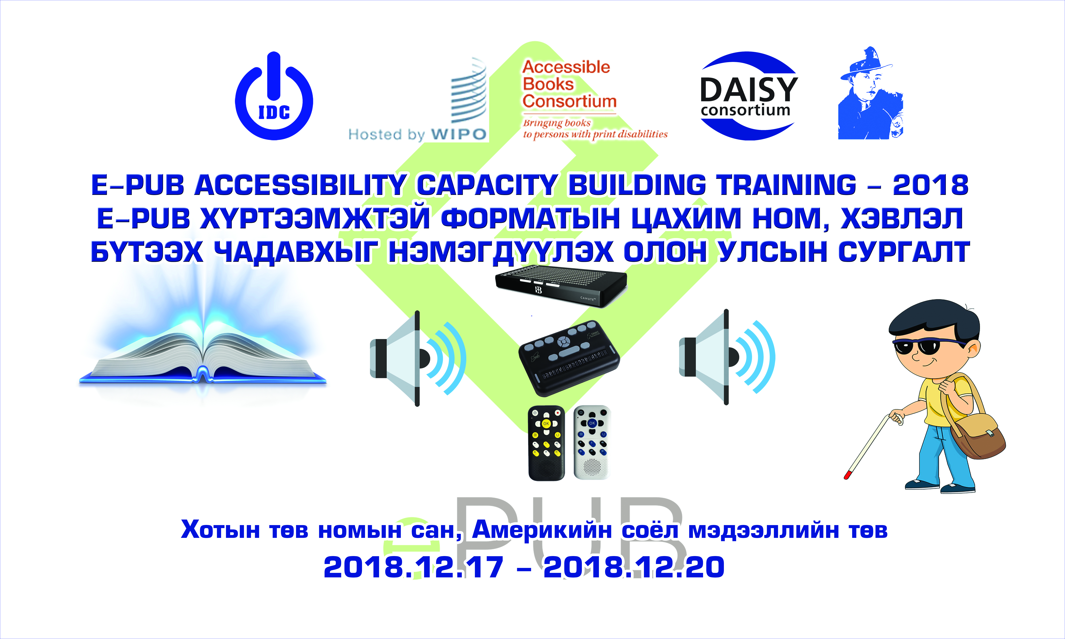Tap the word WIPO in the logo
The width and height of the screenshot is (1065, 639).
459,134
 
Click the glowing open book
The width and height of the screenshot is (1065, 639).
202,344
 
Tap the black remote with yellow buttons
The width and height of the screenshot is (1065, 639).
546,443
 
